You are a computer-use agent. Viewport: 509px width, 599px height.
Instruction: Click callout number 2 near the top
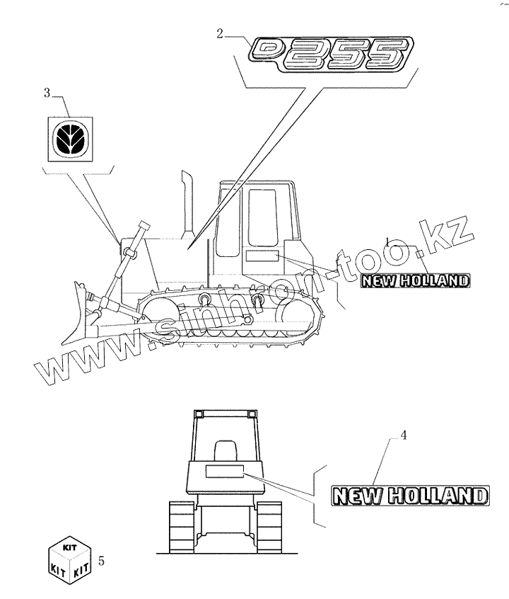221,32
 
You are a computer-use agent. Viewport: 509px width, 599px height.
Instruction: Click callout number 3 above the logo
47,93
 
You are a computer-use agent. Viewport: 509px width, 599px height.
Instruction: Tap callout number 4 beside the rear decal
404,436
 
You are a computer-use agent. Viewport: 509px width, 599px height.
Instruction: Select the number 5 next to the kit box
103,561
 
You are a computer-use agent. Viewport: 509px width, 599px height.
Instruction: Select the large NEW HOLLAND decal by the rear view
409,495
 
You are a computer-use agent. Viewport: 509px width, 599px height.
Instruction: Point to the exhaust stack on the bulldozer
188,202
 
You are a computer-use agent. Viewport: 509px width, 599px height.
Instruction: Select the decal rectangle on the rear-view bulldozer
223,472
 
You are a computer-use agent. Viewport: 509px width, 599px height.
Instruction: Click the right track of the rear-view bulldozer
269,527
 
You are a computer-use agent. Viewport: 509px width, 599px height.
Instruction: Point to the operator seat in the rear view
224,451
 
